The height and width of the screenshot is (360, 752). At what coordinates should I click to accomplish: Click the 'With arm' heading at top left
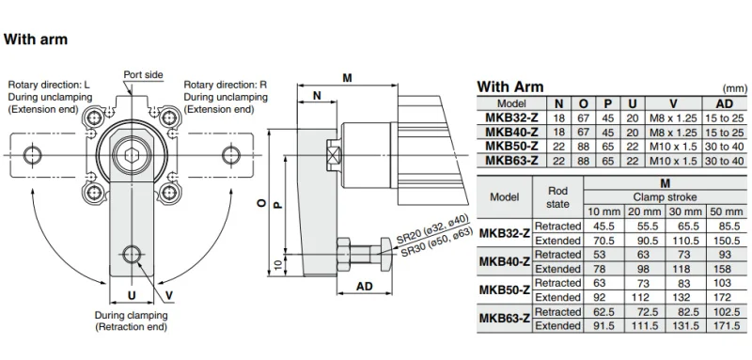tap(36, 39)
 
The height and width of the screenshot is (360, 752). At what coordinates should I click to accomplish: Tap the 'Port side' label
tap(144, 75)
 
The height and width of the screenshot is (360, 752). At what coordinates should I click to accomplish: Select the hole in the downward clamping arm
tap(132, 254)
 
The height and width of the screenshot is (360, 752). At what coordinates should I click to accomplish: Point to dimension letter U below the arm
tap(132, 295)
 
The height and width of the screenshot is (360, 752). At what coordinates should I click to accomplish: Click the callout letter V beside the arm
tap(169, 296)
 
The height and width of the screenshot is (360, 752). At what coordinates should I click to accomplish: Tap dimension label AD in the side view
tap(365, 287)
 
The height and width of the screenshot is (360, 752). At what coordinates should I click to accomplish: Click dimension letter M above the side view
tap(347, 78)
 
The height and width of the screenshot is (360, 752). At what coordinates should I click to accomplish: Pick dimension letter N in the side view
tap(317, 95)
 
